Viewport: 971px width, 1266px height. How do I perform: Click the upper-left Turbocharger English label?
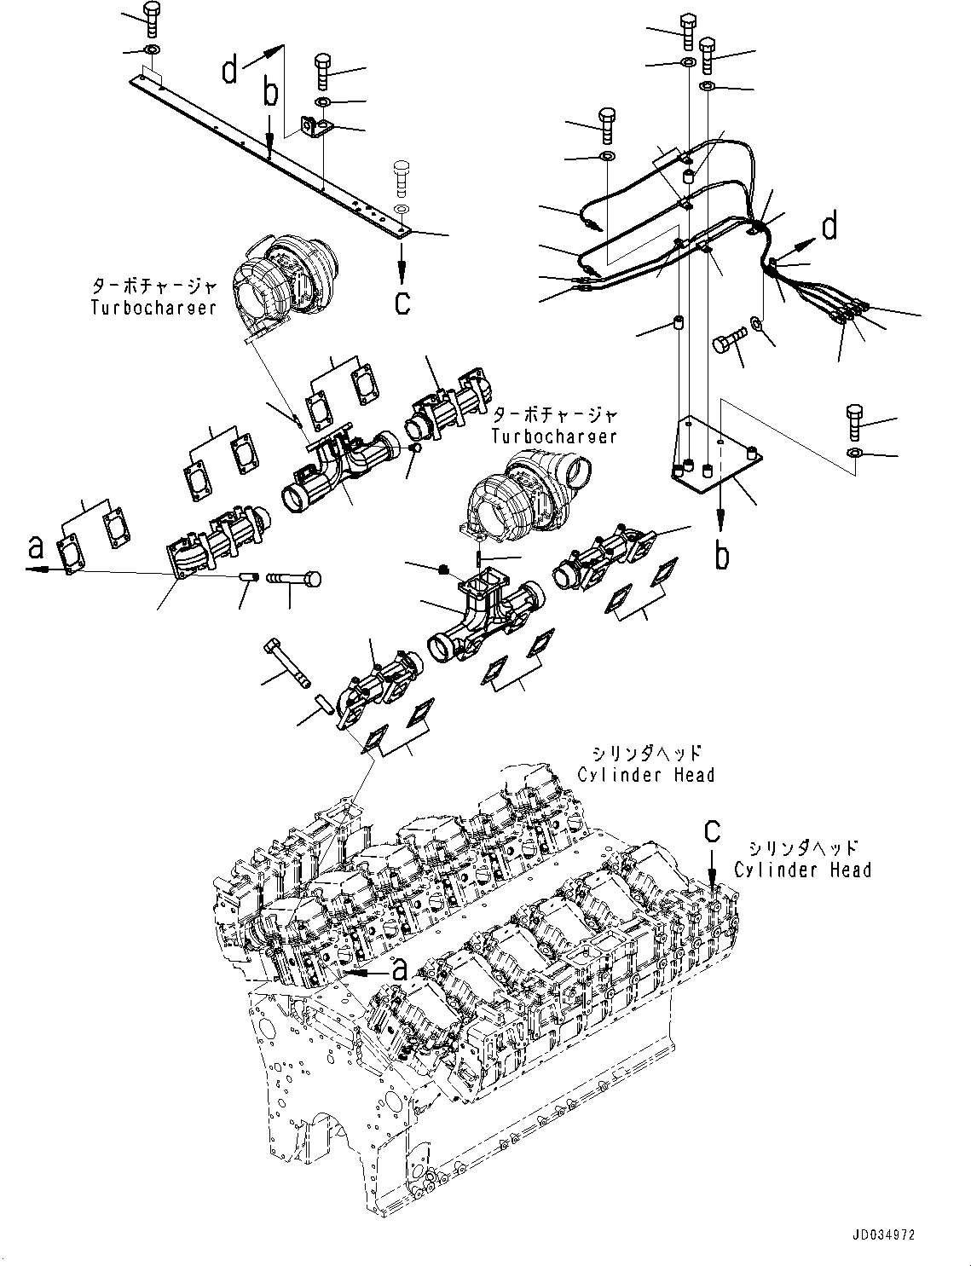153,307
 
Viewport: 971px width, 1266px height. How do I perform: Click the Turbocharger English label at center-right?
553,436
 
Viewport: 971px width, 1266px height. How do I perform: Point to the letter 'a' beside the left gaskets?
36,547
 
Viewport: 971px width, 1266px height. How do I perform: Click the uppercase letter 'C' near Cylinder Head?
712,830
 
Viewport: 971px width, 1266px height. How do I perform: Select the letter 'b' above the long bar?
269,95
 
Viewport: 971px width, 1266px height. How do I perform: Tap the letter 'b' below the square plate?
722,556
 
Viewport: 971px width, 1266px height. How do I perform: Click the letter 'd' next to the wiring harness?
828,228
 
